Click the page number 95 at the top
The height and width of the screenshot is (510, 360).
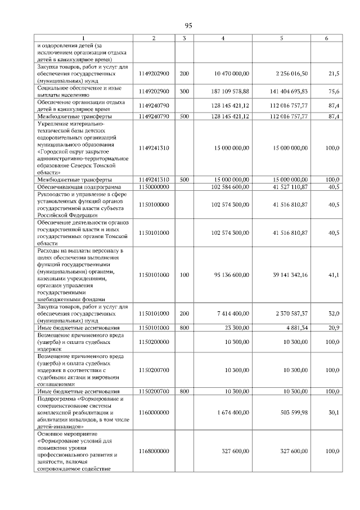tap(188, 25)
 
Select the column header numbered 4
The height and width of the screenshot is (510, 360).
tap(223, 38)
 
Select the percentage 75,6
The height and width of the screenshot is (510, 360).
tap(333, 90)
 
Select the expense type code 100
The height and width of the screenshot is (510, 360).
tap(184, 275)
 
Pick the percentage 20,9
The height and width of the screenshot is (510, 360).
tap(333, 327)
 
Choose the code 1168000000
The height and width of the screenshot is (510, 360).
tap(154, 451)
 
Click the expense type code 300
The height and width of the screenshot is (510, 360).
tap(184, 90)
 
